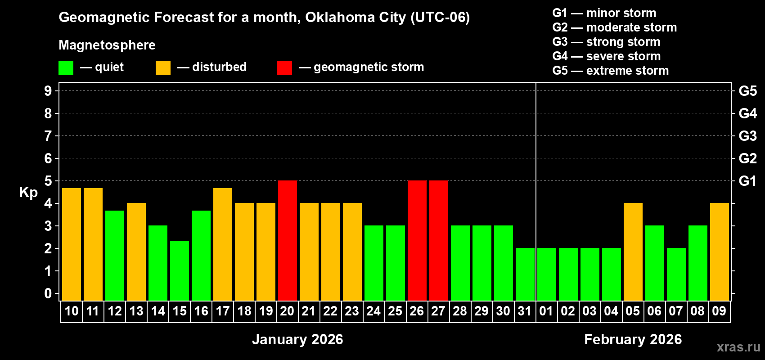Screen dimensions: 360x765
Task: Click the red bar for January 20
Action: [288, 240]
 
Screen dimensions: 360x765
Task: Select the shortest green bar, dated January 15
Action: [180, 270]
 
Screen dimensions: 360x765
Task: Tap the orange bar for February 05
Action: [633, 252]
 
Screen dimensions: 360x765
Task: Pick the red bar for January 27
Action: [439, 240]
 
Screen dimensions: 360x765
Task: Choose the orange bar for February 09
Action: [720, 252]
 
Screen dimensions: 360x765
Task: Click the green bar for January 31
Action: [525, 274]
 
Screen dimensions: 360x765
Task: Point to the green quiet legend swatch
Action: [66, 68]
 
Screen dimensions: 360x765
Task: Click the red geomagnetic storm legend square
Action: [284, 68]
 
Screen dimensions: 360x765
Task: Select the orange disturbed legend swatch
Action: [163, 68]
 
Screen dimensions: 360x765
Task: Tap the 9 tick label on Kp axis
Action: [48, 91]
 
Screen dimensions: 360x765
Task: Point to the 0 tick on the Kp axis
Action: [48, 293]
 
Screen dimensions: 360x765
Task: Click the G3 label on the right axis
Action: [747, 136]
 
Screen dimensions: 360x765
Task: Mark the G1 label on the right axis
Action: [747, 181]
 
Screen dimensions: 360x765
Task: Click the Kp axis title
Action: [28, 192]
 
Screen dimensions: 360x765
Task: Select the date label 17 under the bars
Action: [223, 311]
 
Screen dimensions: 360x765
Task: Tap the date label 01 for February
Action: [546, 311]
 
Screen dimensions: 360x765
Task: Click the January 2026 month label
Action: [297, 339]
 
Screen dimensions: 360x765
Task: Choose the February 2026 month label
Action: [633, 339]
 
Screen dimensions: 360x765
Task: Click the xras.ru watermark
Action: [738, 347]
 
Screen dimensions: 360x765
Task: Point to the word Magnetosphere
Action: [107, 45]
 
